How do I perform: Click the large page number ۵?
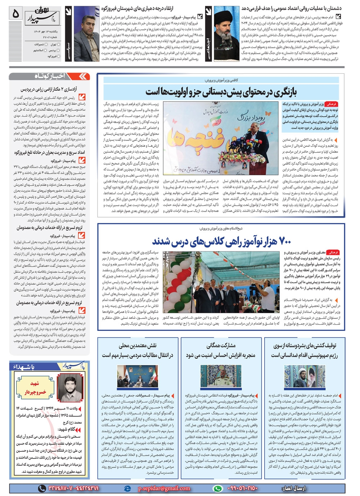15,13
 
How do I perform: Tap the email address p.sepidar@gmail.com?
164,488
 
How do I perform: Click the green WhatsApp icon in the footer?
217,488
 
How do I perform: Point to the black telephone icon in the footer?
42,488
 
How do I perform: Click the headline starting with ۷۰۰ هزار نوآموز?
221,241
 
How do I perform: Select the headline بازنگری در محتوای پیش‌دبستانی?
221,92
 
